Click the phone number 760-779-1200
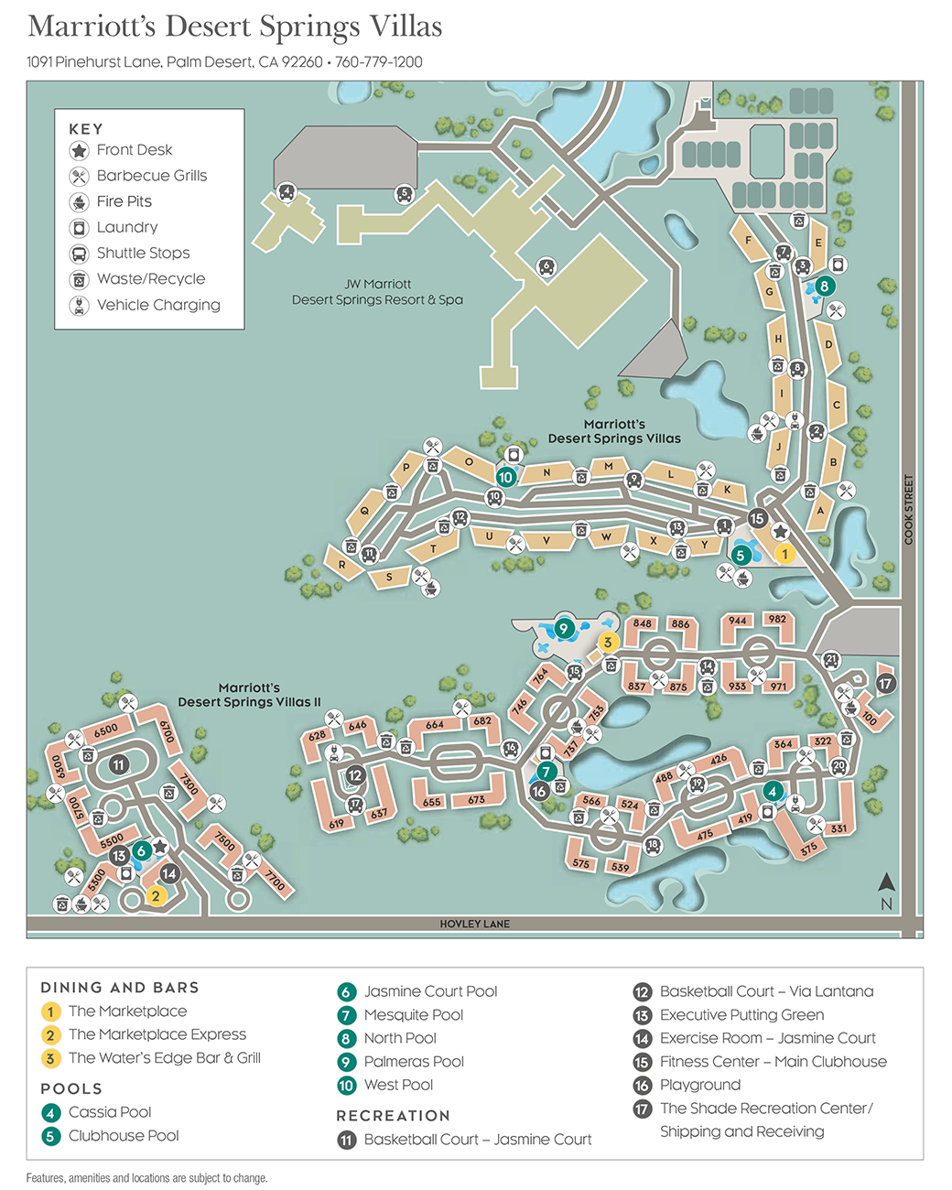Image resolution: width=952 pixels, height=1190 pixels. pos(378,62)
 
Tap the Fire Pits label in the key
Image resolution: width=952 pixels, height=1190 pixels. pos(124,201)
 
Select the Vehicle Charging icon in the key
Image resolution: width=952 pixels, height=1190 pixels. pos(80,305)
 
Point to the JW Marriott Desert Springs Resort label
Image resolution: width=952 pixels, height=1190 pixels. pos(377,292)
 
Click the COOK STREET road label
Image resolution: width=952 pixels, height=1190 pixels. pos(908,510)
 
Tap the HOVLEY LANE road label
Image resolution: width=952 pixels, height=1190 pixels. pos(474,924)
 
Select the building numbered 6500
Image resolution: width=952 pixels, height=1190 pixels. pos(105,730)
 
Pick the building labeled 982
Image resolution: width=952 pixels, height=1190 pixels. pos(777,620)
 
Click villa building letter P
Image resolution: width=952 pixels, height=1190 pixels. pos(406,468)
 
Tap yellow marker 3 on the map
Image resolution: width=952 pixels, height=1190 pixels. pos(607,643)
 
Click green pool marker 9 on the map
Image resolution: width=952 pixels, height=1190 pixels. pos(564,628)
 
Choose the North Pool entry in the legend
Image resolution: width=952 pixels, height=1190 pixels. pos(399,1038)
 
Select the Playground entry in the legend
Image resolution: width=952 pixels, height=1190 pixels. pos(699,1085)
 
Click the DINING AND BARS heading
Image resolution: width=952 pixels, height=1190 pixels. pos(120,988)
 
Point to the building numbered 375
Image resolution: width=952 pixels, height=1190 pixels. pos(807,849)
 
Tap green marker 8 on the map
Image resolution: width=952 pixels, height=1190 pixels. pos(824,287)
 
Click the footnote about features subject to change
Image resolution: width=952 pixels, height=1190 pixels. pos(146,1178)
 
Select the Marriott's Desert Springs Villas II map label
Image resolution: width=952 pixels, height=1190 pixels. pos(249,695)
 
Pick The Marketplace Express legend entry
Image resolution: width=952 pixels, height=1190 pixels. pos(157,1034)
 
